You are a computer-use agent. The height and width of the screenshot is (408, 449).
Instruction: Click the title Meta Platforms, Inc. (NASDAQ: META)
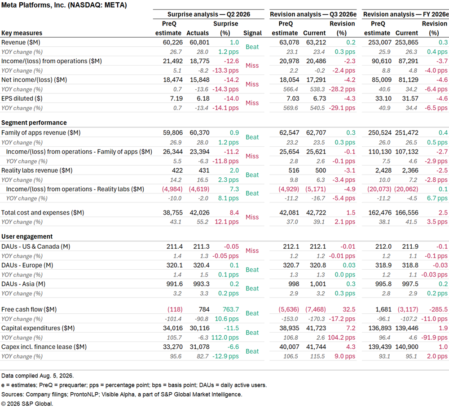(x=64, y=5)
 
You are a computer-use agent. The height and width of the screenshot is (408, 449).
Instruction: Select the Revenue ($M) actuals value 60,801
(x=200, y=42)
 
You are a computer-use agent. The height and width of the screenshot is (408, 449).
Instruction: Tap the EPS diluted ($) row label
(x=22, y=98)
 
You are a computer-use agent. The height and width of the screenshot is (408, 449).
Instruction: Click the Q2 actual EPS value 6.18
(x=203, y=98)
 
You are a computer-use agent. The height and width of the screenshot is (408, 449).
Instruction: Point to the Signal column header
(x=252, y=33)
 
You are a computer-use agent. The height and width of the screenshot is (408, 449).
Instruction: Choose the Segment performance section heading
(x=34, y=123)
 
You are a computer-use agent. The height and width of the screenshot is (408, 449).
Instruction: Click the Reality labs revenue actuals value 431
(x=204, y=171)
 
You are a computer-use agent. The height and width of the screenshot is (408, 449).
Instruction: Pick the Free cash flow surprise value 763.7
(x=231, y=310)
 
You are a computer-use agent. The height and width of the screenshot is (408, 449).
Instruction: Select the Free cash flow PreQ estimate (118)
(x=175, y=310)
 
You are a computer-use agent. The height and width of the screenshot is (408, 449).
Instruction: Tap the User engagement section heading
(x=27, y=237)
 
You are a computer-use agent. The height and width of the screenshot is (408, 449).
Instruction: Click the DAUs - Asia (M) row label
(x=23, y=284)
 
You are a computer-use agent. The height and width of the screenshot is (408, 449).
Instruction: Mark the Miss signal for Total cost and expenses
(x=252, y=217)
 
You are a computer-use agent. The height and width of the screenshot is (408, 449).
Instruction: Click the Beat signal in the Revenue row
(x=252, y=47)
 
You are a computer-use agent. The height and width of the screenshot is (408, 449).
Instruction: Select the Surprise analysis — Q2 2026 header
(x=209, y=14)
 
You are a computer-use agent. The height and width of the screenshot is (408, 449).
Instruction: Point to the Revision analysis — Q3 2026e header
(x=313, y=14)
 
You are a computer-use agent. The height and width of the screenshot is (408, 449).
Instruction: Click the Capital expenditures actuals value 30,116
(x=200, y=328)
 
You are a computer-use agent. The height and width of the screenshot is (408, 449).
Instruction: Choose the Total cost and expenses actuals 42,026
(x=200, y=213)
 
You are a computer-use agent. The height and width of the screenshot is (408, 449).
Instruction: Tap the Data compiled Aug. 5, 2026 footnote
(x=38, y=376)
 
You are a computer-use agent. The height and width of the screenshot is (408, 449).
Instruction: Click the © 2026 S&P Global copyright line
(x=27, y=404)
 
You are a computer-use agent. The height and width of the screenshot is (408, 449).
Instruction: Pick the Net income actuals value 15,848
(x=200, y=80)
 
